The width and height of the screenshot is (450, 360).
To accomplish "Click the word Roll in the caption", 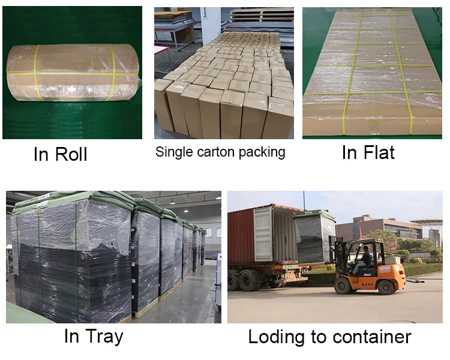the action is pyautogui.click(x=71, y=154).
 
